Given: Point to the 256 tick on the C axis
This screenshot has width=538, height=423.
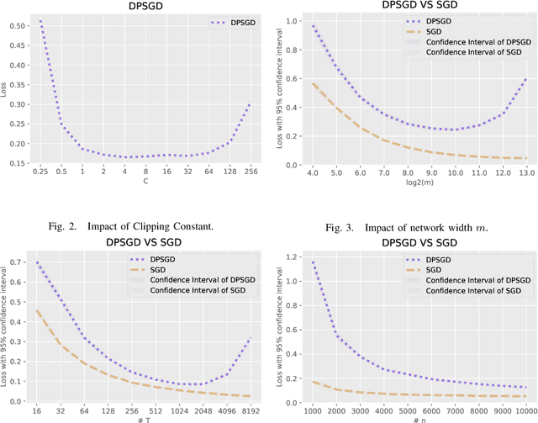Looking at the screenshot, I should pos(250,171).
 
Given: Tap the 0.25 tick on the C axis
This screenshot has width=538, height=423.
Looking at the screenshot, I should pos(40,171).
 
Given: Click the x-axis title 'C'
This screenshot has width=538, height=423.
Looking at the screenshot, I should pos(145,181).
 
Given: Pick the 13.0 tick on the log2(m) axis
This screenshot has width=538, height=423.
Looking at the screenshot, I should pos(525,171).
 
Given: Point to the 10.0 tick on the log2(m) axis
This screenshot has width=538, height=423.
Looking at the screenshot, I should pos(453,171).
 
